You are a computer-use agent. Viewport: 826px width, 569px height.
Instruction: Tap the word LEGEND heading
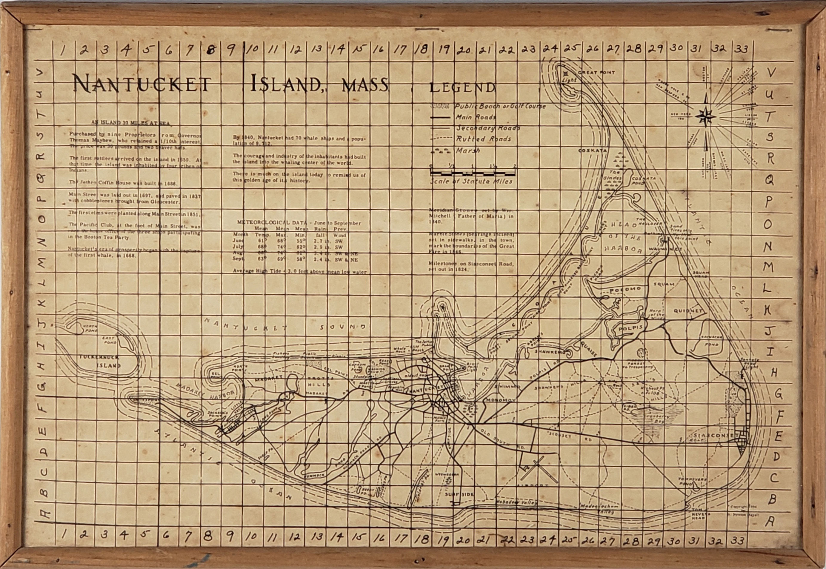(x=462, y=88)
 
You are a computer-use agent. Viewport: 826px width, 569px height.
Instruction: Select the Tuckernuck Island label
(x=100, y=361)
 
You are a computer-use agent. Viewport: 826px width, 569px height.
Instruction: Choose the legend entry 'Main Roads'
(x=476, y=117)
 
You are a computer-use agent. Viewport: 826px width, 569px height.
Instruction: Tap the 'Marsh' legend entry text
(x=468, y=150)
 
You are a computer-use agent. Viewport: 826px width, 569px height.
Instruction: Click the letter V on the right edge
(x=770, y=73)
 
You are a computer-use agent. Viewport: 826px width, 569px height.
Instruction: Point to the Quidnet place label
(x=688, y=311)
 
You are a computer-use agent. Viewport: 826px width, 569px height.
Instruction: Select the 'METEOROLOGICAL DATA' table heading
(x=271, y=223)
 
